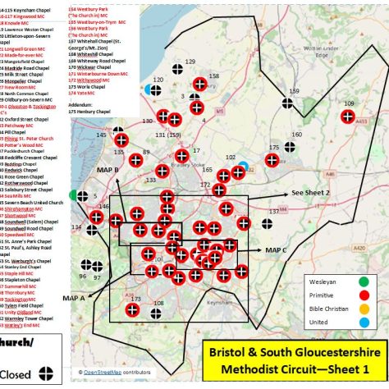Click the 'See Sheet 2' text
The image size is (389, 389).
coord(309,192)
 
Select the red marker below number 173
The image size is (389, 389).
coord(133,311)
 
